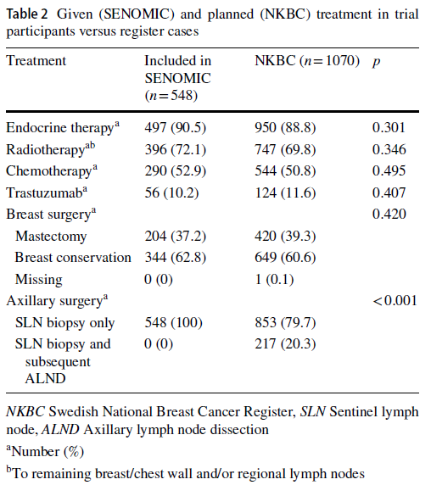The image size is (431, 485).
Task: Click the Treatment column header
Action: [36, 61]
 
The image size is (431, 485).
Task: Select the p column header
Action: [376, 62]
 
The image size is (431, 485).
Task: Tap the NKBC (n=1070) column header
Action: [307, 61]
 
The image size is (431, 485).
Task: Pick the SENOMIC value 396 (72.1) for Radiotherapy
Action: [175, 150]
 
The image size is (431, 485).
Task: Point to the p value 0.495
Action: [389, 170]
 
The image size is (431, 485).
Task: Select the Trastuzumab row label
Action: [47, 192]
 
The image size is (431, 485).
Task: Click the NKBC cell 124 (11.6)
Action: [285, 193]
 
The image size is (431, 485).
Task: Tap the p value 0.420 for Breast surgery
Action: [389, 214]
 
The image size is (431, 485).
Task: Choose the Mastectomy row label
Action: [51, 236]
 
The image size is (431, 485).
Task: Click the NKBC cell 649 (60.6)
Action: [285, 258]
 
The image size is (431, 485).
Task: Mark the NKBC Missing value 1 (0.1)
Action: [274, 279]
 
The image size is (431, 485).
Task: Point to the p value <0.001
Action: [395, 301]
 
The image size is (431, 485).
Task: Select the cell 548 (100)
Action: [173, 322]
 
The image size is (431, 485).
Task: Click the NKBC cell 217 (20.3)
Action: [285, 344]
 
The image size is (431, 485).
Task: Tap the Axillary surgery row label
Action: [57, 301]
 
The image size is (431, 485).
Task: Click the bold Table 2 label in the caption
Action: [27, 14]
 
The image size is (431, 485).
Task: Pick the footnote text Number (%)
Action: [45, 452]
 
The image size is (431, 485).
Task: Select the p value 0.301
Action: [389, 127]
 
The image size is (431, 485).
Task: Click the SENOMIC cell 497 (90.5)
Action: [175, 128]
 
